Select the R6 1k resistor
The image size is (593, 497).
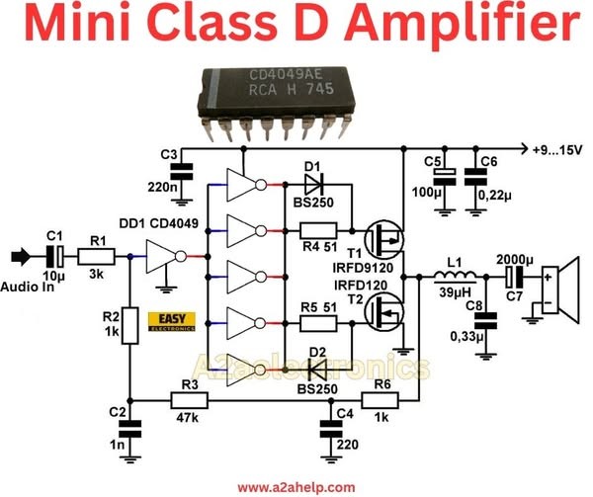pyautogui.click(x=380, y=400)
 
